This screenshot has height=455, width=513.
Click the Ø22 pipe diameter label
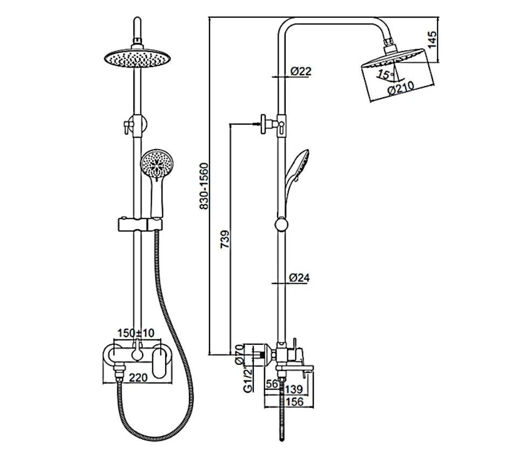pyautogui.click(x=301, y=71)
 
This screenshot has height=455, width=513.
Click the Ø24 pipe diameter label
pyautogui.click(x=299, y=278)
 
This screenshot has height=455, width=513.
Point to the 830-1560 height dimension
pyautogui.click(x=204, y=186)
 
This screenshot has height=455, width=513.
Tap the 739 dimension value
pyautogui.click(x=225, y=239)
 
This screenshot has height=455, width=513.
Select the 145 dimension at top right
pyautogui.click(x=432, y=39)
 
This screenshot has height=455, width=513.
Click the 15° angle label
pyautogui.click(x=386, y=75)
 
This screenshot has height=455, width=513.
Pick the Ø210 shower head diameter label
pyautogui.click(x=401, y=88)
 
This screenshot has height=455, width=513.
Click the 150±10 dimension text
pyautogui.click(x=136, y=333)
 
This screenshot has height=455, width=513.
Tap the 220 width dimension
pyautogui.click(x=138, y=377)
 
